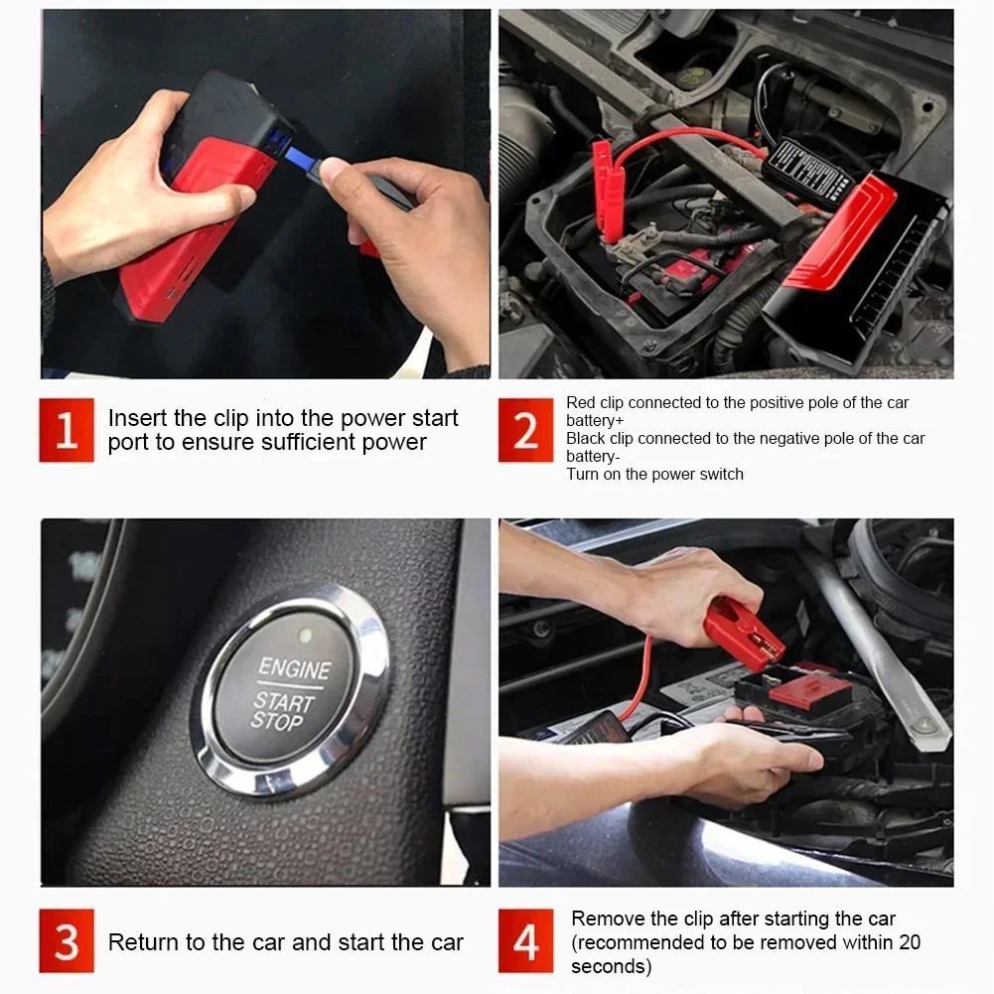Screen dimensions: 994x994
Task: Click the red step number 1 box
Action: [x=67, y=430]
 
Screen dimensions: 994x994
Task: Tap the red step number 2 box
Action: [x=525, y=430]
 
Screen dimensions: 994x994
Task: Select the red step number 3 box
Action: [x=67, y=940]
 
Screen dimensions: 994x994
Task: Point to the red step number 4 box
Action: [x=525, y=940]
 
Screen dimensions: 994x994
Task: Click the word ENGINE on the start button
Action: [x=295, y=668]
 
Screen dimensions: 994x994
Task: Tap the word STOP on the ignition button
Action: [x=276, y=721]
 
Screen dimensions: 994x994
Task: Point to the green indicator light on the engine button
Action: [x=306, y=635]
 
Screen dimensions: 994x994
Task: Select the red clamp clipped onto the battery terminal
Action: [x=608, y=191]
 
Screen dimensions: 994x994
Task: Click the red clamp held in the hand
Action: [x=743, y=634]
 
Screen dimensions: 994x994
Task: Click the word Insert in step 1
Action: [x=138, y=418]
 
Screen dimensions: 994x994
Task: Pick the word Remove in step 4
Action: [x=608, y=919]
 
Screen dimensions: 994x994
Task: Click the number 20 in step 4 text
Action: [x=909, y=942]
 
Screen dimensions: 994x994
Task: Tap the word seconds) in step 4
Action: [x=611, y=966]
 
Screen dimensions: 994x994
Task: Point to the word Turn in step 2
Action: [x=583, y=474]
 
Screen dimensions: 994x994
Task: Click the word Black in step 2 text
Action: [x=586, y=438]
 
